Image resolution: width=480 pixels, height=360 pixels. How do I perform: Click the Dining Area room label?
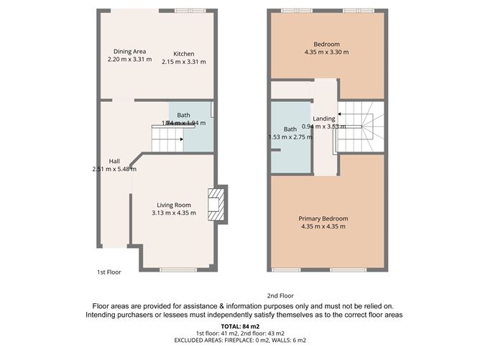(x=130, y=51)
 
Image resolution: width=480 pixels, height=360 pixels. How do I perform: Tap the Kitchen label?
(x=183, y=54)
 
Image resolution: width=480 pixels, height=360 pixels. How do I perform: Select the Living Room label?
(x=173, y=205)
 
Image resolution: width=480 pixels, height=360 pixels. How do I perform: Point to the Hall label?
(x=114, y=161)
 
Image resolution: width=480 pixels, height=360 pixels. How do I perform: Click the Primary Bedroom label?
(x=323, y=218)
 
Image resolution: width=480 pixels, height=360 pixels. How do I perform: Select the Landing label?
(x=324, y=119)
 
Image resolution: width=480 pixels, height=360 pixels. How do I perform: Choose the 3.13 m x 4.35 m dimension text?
(x=173, y=213)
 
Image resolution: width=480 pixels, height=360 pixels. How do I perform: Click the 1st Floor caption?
(x=109, y=272)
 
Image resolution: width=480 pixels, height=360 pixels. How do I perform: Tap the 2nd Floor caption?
(x=281, y=295)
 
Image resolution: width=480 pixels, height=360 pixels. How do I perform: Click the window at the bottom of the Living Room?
(x=176, y=269)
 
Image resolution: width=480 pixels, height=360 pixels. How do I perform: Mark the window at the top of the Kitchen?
(x=190, y=10)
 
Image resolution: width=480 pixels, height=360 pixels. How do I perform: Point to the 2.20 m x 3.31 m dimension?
(x=130, y=59)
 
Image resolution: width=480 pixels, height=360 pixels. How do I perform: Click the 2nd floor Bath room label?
(x=290, y=129)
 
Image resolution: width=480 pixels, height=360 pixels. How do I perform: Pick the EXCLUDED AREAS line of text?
(x=240, y=339)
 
